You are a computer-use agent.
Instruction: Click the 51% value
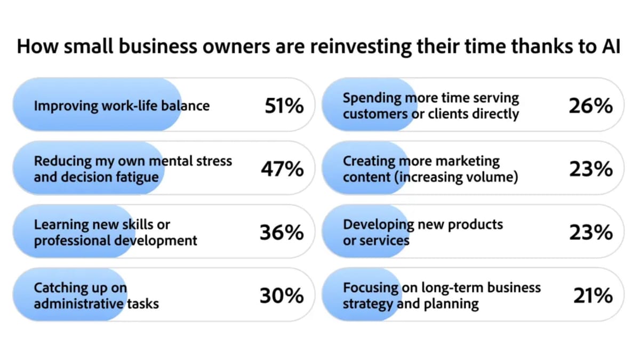(x=284, y=106)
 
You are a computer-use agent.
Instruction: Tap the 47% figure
(x=282, y=169)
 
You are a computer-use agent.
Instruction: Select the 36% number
(x=282, y=233)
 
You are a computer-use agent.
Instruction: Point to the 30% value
(x=282, y=295)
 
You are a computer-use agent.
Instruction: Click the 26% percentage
(x=591, y=106)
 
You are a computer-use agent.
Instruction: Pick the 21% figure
(x=593, y=295)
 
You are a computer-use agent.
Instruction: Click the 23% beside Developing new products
(x=591, y=233)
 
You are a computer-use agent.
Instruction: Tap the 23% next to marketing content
(x=591, y=169)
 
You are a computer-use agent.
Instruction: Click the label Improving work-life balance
(x=122, y=106)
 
